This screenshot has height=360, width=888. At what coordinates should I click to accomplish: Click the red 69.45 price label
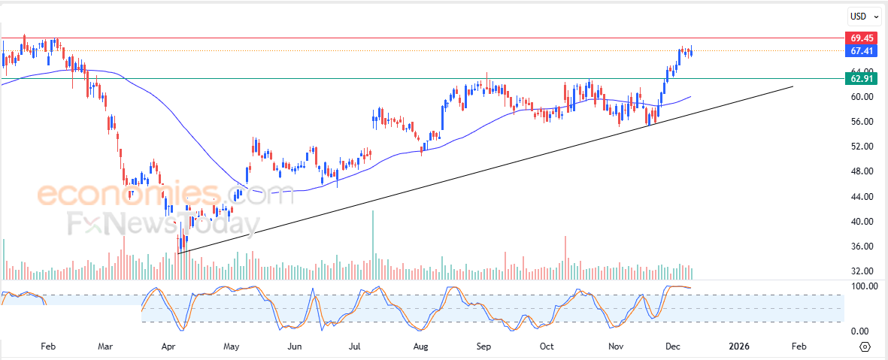861,38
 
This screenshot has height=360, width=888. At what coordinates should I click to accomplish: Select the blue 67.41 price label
861,51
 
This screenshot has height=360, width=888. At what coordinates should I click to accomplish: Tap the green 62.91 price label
861,78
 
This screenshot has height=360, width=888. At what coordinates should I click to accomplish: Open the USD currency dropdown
861,16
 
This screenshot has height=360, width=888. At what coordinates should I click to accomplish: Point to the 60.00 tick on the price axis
861,96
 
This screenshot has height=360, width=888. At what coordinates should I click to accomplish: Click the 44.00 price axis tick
861,196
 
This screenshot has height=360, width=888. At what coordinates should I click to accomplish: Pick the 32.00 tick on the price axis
861,271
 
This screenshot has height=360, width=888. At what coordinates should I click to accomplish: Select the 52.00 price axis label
861,146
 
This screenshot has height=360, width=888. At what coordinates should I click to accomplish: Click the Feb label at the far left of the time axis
48,346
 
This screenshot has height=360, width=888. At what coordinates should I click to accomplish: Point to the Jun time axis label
295,346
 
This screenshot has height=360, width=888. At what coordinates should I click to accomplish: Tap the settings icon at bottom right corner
865,346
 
